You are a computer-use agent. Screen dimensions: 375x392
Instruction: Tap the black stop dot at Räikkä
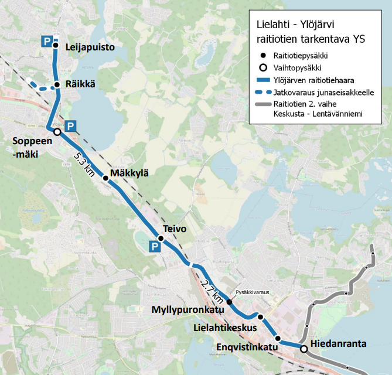point(57,85)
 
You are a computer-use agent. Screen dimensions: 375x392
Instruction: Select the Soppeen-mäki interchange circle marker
point(57,132)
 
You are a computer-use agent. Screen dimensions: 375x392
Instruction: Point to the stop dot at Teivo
point(159,238)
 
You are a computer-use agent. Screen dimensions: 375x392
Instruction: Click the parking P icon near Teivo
point(154,248)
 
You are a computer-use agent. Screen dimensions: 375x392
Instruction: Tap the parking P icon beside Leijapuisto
point(46,40)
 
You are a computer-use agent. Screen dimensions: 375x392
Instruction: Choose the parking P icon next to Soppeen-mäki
point(70,126)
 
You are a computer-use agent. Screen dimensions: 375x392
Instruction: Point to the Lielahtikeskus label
point(225,328)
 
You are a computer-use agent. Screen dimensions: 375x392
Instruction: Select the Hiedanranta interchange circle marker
point(304,349)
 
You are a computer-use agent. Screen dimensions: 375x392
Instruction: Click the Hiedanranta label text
point(338,343)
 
